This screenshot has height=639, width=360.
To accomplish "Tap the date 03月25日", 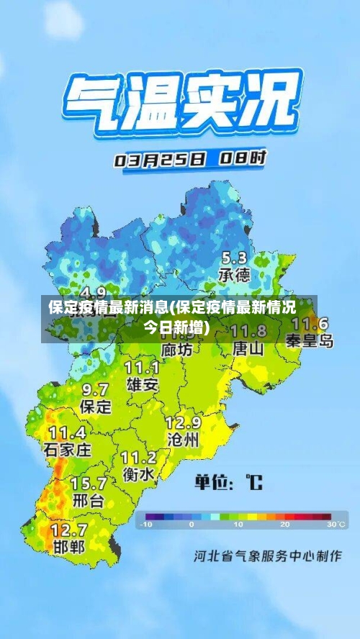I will pyautogui.click(x=159, y=159).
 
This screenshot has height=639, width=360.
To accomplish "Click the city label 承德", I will pyautogui.click(x=234, y=275).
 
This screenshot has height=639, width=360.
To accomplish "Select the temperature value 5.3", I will pyautogui.click(x=233, y=258).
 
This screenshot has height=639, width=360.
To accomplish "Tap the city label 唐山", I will pyautogui.click(x=248, y=348).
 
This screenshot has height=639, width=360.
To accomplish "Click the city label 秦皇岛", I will pyautogui.click(x=310, y=340).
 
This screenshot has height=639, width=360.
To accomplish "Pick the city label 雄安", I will pyautogui.click(x=142, y=384).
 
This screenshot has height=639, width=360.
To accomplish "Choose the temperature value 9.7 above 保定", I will pyautogui.click(x=95, y=389).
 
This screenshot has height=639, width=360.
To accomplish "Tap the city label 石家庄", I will pyautogui.click(x=68, y=450).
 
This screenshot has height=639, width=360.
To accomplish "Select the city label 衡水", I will pyautogui.click(x=138, y=474).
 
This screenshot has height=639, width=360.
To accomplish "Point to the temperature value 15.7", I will pyautogui.click(x=88, y=483).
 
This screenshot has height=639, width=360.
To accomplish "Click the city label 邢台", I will pyautogui.click(x=88, y=500).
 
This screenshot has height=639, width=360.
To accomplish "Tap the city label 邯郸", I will pyautogui.click(x=69, y=546).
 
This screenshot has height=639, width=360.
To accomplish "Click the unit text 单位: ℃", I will pyautogui.click(x=229, y=481).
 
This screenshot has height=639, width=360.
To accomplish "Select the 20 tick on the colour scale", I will pyautogui.click(x=284, y=525).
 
